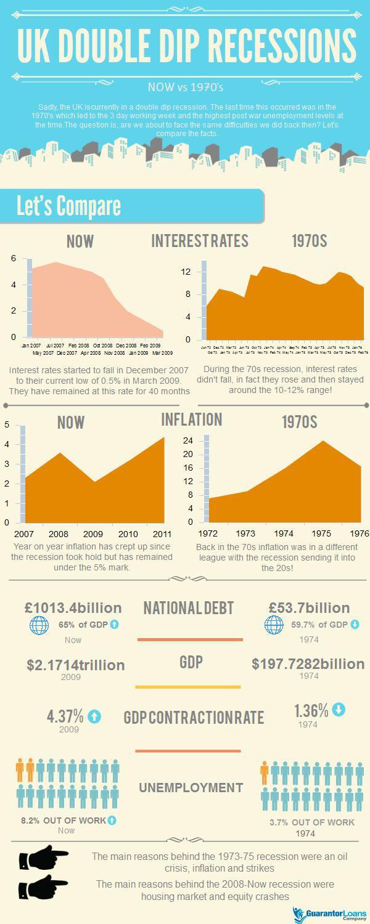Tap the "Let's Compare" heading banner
68,206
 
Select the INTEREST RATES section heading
200,240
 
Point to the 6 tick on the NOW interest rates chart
13,258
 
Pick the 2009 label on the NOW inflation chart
93,533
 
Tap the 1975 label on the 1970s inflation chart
322,533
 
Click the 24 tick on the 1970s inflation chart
187,441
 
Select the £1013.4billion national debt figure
73,608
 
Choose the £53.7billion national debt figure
309,608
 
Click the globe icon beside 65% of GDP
39,625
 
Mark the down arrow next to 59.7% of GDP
355,625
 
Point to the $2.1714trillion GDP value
76,665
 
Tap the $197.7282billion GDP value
308,664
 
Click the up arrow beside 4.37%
94,716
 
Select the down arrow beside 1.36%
339,710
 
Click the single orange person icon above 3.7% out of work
265,772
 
